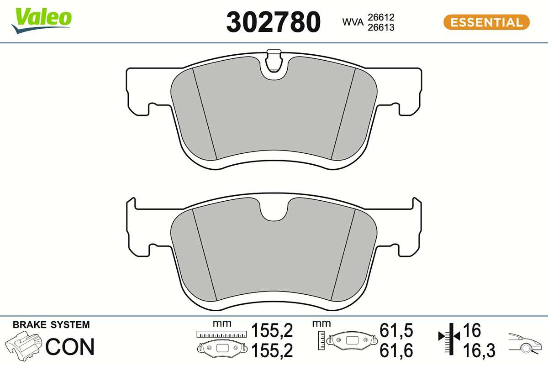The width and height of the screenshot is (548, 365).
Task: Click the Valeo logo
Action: pyautogui.click(x=42, y=21)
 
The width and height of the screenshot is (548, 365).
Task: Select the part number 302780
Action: pyautogui.click(x=273, y=22)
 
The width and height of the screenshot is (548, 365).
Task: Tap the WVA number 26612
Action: pyautogui.click(x=381, y=17)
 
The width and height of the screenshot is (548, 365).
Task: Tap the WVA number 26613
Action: pyautogui.click(x=381, y=27)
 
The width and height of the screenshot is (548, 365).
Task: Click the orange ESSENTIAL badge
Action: pyautogui.click(x=487, y=22)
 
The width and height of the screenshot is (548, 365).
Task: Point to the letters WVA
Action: pyautogui.click(x=353, y=22)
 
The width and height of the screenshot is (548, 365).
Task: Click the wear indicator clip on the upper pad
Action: pyautogui.click(x=274, y=61)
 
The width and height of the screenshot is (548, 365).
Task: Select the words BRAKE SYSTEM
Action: pyautogui.click(x=51, y=325)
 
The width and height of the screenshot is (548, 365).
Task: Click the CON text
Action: pyautogui.click(x=70, y=347)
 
